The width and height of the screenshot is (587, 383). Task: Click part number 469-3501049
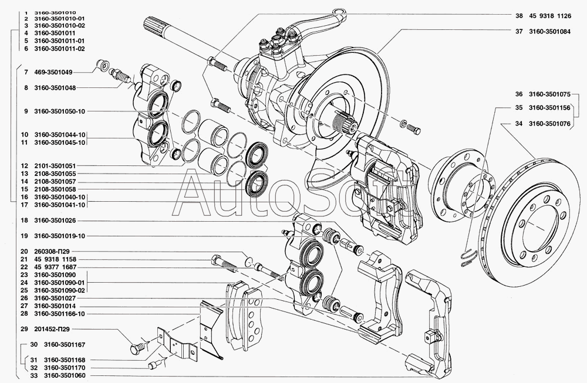tap(53, 72)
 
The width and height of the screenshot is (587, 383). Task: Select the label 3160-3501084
tap(549, 32)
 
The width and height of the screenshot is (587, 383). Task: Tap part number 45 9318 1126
tap(550, 16)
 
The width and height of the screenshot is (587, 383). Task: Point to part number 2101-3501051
tap(55, 165)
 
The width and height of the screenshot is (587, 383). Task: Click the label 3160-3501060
tap(65, 375)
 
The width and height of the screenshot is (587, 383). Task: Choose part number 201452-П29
tap(52, 329)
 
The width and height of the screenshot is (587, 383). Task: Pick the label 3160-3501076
tap(549, 123)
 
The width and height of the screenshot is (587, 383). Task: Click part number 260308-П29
tap(52, 252)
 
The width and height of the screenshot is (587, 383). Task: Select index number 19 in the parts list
tap(24, 236)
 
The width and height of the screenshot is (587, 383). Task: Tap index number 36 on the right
tap(518, 94)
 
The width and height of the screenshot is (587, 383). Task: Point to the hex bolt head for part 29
tap(136, 348)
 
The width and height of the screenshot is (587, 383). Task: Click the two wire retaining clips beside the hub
tap(468, 258)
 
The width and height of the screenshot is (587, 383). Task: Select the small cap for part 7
tap(102, 65)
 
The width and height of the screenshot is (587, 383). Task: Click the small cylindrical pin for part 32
tap(152, 365)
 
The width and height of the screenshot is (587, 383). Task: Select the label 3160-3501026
tap(55, 221)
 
